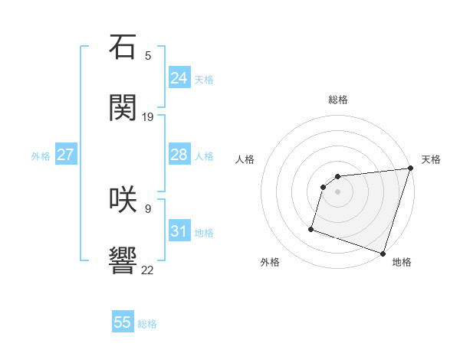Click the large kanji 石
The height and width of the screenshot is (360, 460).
pyautogui.click(x=123, y=47)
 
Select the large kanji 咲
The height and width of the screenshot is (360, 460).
pyautogui.click(x=123, y=199)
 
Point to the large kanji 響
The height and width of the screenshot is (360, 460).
pyautogui.click(x=123, y=260)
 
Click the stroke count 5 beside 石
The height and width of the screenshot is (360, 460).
pyautogui.click(x=148, y=55)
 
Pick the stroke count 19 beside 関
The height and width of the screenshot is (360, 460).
pyautogui.click(x=148, y=116)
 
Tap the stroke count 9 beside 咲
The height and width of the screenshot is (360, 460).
pyautogui.click(x=148, y=208)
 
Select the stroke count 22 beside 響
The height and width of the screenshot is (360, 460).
pyautogui.click(x=148, y=269)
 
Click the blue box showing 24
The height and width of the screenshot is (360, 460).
pyautogui.click(x=179, y=78)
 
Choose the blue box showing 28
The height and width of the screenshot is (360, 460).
pyautogui.click(x=179, y=155)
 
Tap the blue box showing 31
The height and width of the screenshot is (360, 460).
pyautogui.click(x=179, y=231)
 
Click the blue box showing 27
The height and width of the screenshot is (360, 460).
pyautogui.click(x=65, y=155)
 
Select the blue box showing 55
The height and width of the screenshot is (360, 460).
pyautogui.click(x=123, y=322)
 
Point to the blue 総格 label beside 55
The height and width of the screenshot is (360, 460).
pyautogui.click(x=148, y=324)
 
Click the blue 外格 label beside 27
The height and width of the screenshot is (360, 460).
pyautogui.click(x=41, y=156)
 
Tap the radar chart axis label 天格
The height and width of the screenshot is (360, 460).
pyautogui.click(x=431, y=159)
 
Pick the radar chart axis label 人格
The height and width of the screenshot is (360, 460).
pyautogui.click(x=245, y=159)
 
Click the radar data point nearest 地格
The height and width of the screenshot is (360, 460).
pyautogui.click(x=383, y=253)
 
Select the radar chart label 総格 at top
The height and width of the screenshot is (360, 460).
pyautogui.click(x=338, y=100)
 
